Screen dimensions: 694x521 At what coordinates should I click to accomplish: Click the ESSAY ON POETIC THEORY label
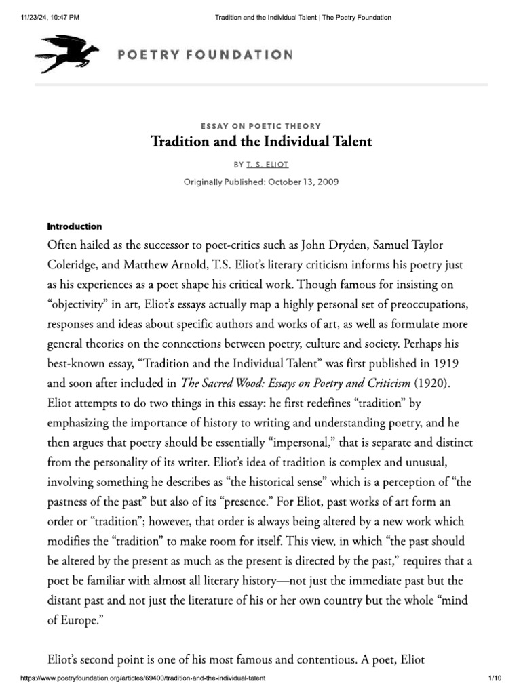click(261, 126)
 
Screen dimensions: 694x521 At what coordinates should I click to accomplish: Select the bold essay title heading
click(261, 142)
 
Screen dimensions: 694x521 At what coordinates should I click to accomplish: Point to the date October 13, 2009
click(301, 182)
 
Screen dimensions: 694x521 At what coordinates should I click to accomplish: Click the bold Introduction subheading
click(74, 226)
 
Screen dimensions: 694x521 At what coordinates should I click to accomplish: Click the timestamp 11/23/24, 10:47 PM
click(45, 18)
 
